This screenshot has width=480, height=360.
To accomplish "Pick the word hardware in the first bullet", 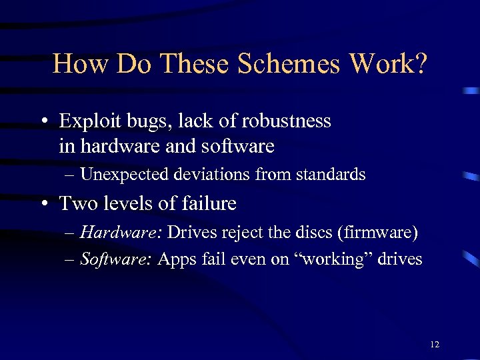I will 118,145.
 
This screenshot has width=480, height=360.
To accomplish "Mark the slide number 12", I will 435,345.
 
